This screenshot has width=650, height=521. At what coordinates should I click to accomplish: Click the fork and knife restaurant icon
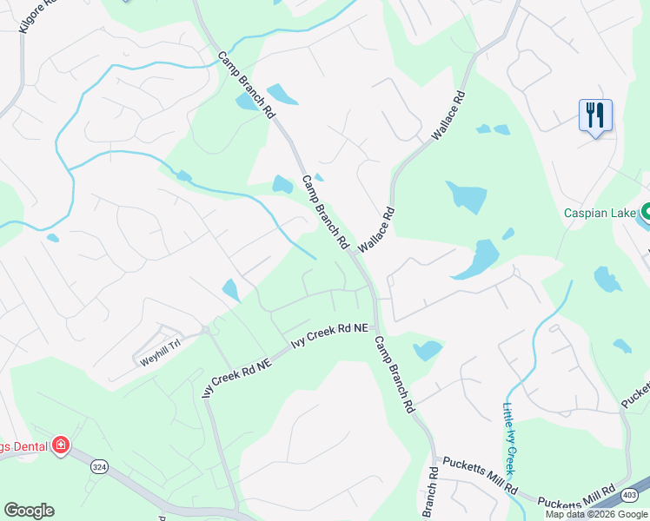pos(595,115)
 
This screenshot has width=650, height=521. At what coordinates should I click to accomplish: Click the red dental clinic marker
pos(60,446)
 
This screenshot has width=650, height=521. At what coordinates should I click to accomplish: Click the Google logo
pos(29,511)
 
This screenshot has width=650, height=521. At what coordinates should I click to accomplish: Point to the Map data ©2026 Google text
pos(596,514)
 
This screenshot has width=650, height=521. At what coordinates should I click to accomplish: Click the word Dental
pos(24,446)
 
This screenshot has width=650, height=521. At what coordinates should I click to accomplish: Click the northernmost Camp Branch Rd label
pos(246,85)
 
